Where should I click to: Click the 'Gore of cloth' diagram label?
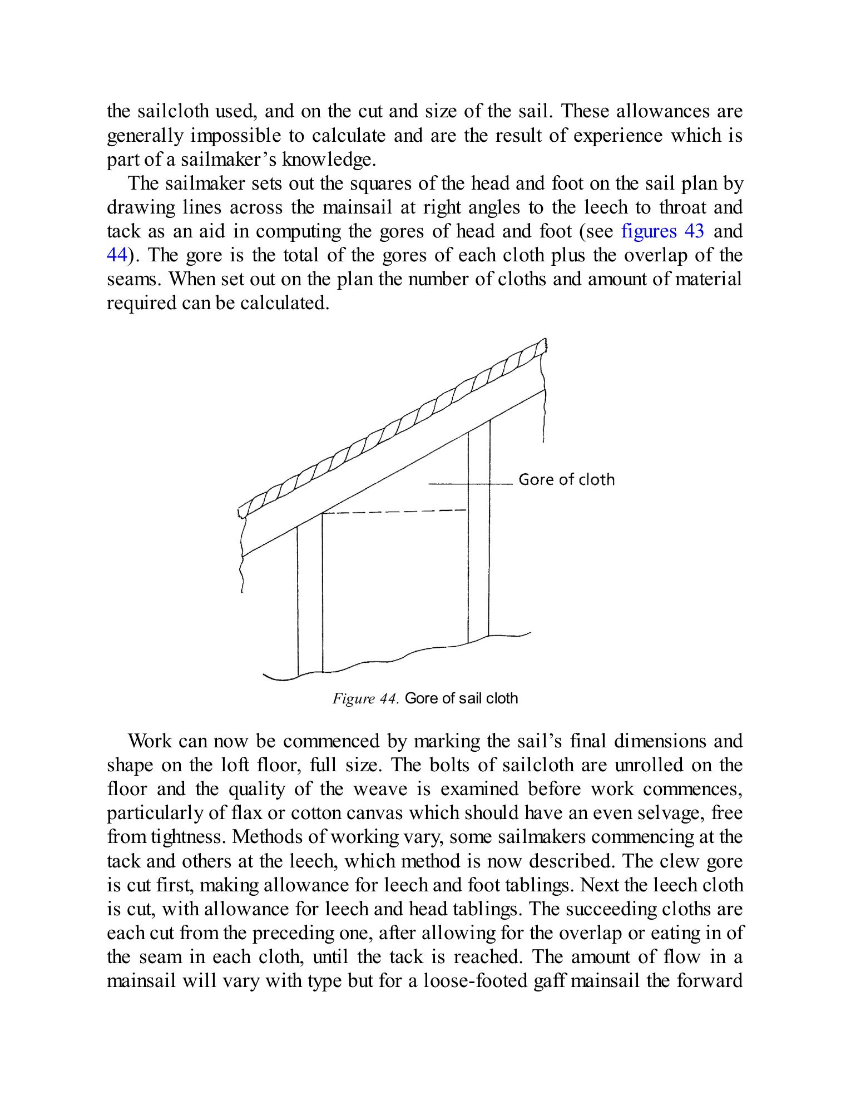pyautogui.click(x=566, y=479)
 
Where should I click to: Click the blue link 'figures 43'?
pyautogui.click(x=662, y=231)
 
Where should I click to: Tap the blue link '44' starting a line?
pyautogui.click(x=117, y=255)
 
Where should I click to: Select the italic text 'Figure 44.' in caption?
pyautogui.click(x=365, y=698)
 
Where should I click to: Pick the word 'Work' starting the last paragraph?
pyautogui.click(x=150, y=741)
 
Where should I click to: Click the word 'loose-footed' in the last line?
pyautogui.click(x=476, y=980)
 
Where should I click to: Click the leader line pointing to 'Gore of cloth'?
pyautogui.click(x=470, y=484)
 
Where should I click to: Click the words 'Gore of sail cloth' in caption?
pyautogui.click(x=461, y=698)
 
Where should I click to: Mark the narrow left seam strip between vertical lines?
pyautogui.click(x=310, y=601)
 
